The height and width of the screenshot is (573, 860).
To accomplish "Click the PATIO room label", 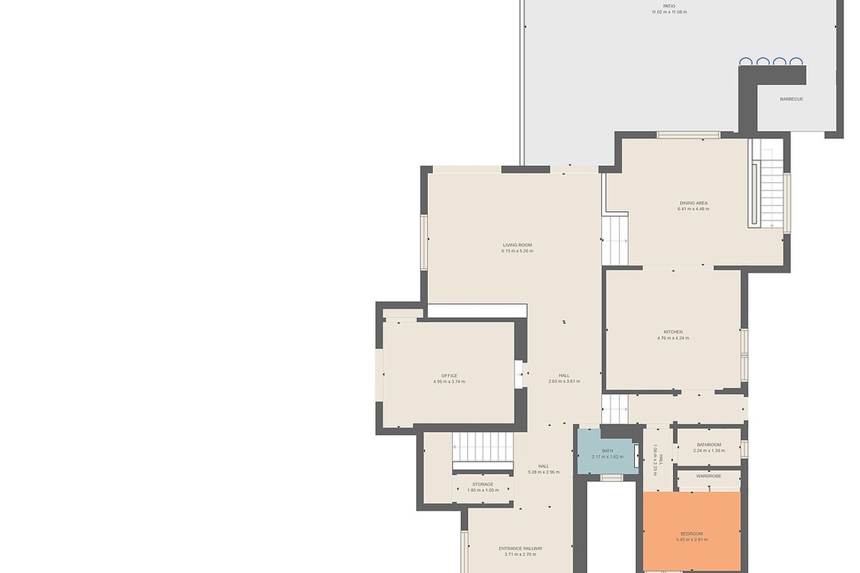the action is pyautogui.click(x=669, y=6).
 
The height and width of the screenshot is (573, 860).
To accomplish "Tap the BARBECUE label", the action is pyautogui.click(x=791, y=99).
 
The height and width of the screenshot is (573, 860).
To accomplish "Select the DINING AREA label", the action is pyautogui.click(x=694, y=203).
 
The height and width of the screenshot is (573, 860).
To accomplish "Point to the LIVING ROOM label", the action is pyautogui.click(x=517, y=245).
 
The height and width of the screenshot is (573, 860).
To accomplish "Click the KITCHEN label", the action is pyautogui.click(x=673, y=332).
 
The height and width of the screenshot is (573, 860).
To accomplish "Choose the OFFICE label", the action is pyautogui.click(x=449, y=376).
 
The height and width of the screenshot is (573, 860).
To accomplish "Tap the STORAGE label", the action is pyautogui.click(x=482, y=484).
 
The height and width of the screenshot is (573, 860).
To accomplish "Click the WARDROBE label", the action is pyautogui.click(x=709, y=476).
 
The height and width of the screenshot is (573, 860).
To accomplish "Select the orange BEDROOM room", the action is pyautogui.click(x=692, y=531).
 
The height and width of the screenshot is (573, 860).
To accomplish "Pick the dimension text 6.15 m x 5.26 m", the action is pyautogui.click(x=517, y=251).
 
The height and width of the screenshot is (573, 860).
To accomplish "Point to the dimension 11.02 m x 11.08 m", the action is pyautogui.click(x=669, y=12).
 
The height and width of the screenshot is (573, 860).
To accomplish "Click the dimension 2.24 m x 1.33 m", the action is pyautogui.click(x=709, y=451).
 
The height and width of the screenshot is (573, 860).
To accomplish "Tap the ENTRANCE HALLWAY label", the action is pyautogui.click(x=520, y=549).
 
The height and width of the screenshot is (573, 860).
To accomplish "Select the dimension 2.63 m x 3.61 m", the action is pyautogui.click(x=564, y=382).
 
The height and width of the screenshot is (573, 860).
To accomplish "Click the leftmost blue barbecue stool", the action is pyautogui.click(x=745, y=62).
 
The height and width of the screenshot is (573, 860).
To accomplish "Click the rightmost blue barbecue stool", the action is pyautogui.click(x=796, y=62).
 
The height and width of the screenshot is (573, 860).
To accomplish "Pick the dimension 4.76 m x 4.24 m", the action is pyautogui.click(x=673, y=338).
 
